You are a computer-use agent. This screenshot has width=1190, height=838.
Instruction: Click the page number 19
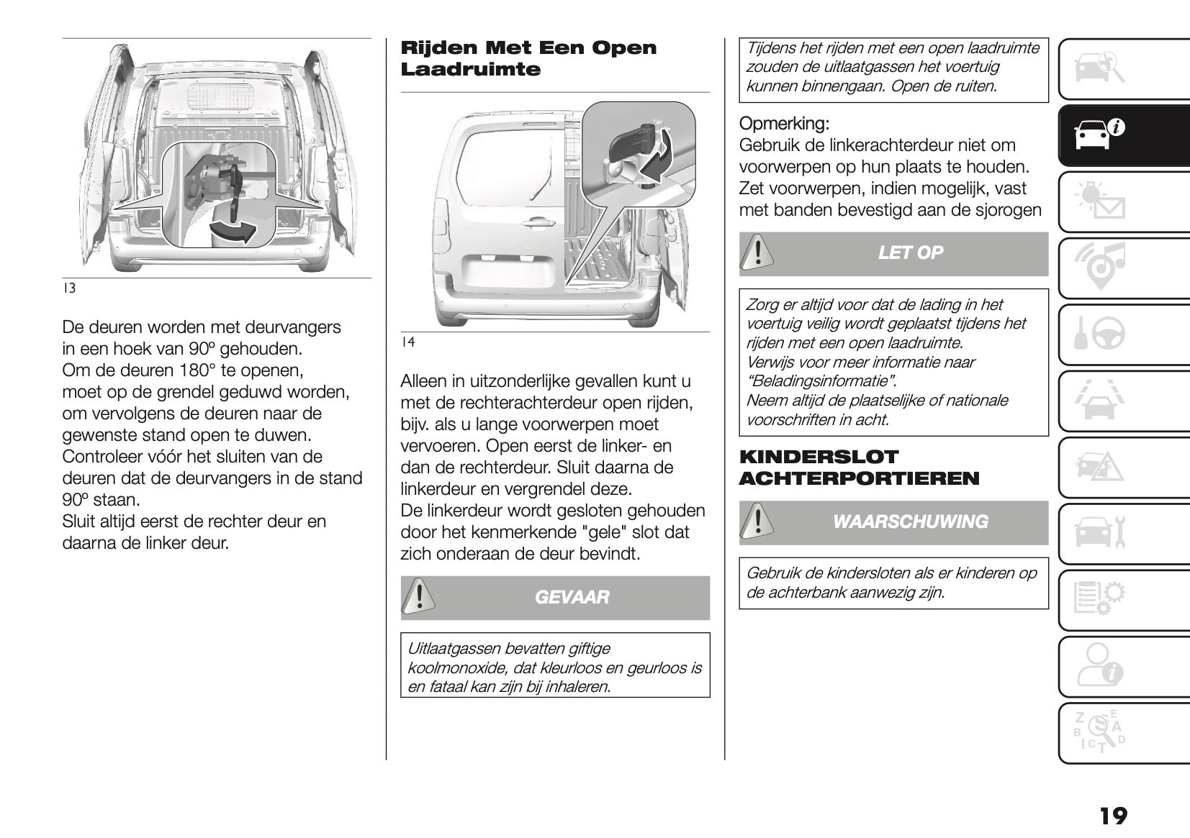[1113, 816]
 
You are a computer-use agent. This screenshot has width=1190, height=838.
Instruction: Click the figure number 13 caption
[69, 288]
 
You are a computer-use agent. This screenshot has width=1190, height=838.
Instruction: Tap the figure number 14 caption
[407, 342]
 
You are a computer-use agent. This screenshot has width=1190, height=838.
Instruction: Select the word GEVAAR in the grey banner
[572, 597]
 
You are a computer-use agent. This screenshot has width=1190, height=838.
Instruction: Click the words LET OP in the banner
[910, 252]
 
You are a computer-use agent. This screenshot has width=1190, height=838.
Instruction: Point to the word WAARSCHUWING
[910, 522]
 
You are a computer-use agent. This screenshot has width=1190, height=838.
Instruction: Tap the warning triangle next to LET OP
[756, 252]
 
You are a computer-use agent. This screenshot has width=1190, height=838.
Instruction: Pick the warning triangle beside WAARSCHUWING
[756, 522]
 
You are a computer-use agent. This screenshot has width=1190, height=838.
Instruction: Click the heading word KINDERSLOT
[819, 457]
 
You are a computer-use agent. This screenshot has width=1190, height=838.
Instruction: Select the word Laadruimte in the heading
[470, 70]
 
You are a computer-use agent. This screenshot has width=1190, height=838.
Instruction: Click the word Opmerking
[784, 123]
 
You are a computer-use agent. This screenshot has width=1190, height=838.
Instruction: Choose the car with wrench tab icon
[1100, 533]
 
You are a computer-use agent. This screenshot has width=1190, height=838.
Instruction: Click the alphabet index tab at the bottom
[1100, 732]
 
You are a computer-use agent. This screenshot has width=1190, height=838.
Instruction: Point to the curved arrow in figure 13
[234, 230]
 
